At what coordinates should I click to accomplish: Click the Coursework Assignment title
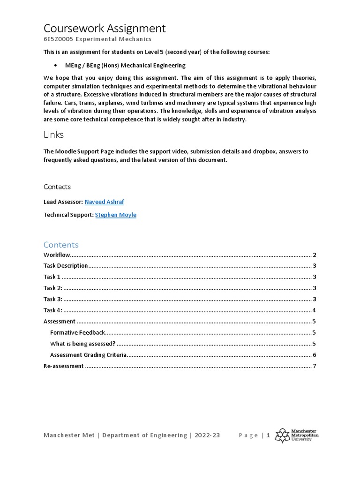point(105,28)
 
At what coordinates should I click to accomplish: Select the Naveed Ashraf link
point(104,202)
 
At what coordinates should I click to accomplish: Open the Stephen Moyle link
point(115,215)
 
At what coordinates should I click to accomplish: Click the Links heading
point(53,135)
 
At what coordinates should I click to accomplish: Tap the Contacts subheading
point(57,187)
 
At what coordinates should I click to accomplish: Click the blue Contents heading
point(61,245)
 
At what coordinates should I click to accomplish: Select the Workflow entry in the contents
point(57,255)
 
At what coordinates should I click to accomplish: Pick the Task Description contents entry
point(66,266)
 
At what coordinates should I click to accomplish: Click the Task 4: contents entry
point(52,310)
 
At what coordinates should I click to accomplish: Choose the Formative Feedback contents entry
point(77,332)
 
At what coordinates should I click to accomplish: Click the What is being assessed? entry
point(82,344)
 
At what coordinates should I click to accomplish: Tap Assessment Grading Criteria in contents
point(88,355)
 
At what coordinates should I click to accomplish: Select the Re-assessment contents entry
point(63,366)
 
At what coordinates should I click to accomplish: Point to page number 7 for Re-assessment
point(315,366)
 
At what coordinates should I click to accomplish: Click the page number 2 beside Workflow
point(315,255)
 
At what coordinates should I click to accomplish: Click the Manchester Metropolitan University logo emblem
point(282,435)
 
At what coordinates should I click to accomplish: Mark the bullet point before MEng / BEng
point(56,66)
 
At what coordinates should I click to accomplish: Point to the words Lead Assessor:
point(63,202)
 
